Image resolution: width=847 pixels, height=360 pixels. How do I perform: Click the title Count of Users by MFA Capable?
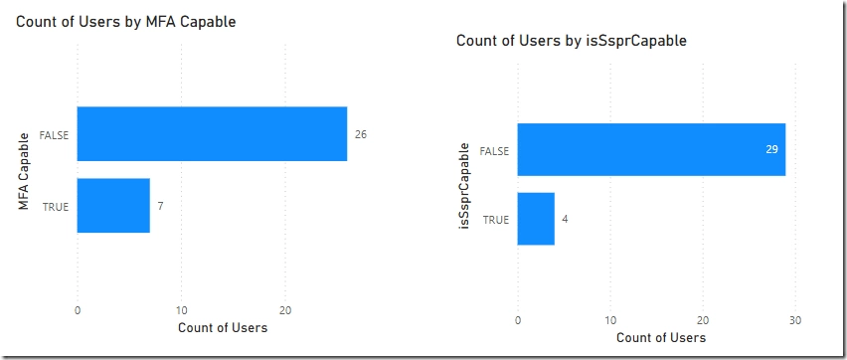[x=126, y=21]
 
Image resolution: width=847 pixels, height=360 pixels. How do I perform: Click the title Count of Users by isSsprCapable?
[x=571, y=41]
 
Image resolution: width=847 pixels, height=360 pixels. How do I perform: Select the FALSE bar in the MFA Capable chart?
[x=212, y=133]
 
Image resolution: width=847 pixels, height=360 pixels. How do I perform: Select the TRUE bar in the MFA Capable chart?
[x=112, y=205]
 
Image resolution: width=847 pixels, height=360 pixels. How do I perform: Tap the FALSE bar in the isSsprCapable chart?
[x=651, y=149]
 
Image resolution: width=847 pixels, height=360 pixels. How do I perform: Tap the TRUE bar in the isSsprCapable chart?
[x=536, y=219]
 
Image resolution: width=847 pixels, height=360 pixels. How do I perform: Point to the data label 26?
[x=361, y=133]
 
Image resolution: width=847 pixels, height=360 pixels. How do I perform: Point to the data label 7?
[x=160, y=206]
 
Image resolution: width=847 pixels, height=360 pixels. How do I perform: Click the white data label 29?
[x=771, y=149]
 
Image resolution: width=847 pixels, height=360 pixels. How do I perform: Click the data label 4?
[x=566, y=219]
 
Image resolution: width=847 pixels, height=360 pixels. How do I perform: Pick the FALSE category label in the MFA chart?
[x=54, y=134]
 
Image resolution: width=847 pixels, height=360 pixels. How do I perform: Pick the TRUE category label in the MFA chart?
[x=56, y=206]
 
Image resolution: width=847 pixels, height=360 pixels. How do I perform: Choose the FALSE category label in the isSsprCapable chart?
[x=494, y=150]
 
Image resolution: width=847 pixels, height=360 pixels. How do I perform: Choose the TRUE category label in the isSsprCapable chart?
[x=496, y=219]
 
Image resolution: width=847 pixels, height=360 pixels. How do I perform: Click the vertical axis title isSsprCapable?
[x=463, y=185]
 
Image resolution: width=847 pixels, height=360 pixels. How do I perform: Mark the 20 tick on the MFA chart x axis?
[x=285, y=308]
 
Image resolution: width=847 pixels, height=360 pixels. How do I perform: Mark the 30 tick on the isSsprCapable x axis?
[x=794, y=319]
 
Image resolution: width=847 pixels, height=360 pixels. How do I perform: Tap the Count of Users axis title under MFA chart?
[x=222, y=327]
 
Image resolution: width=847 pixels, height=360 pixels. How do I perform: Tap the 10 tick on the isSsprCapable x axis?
[x=610, y=319]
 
